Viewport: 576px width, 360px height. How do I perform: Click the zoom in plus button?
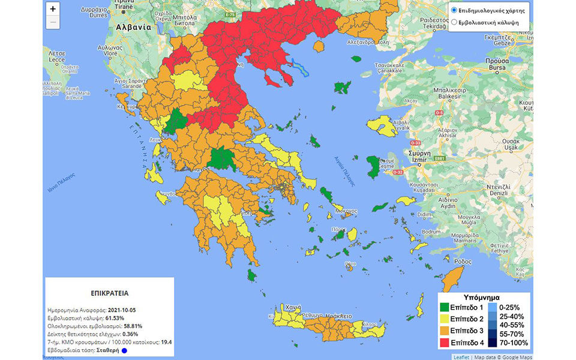tap(53, 9)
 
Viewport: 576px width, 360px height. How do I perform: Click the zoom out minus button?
tap(53, 22)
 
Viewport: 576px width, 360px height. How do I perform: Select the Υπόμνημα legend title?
tap(483, 296)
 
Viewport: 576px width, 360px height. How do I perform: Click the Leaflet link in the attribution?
tap(461, 356)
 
